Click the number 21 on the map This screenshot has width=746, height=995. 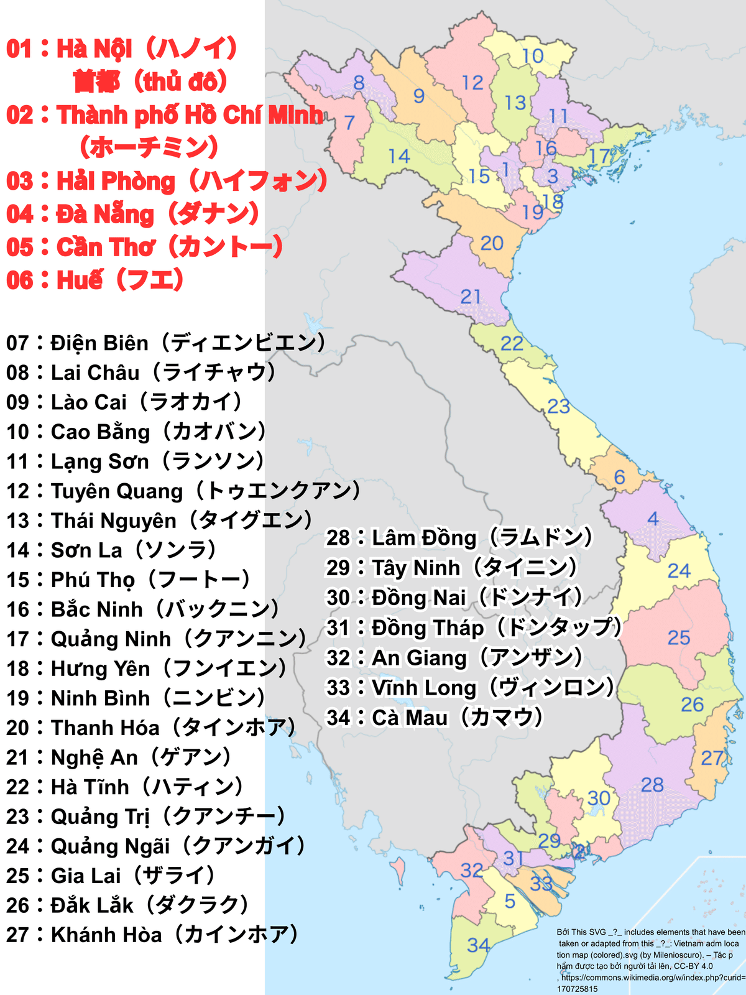click(x=471, y=297)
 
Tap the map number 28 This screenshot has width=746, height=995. click(x=652, y=785)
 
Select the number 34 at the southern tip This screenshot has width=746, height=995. click(x=478, y=945)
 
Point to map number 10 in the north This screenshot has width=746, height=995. click(x=533, y=56)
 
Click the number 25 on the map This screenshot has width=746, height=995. click(x=679, y=637)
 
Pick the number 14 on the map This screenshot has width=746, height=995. click(x=398, y=156)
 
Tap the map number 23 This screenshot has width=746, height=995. click(x=558, y=406)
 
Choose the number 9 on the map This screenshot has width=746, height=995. click(x=419, y=96)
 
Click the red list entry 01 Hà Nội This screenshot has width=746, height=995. click(x=122, y=49)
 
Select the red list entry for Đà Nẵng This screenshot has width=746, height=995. click(x=132, y=214)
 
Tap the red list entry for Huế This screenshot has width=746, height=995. click(x=95, y=280)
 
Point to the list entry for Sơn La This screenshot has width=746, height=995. click(x=112, y=550)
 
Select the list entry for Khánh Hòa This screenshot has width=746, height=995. click(x=153, y=934)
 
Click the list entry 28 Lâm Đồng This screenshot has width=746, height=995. click(x=460, y=537)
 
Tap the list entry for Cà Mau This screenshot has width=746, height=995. click(x=435, y=718)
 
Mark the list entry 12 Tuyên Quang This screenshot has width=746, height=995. click(x=184, y=491)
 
